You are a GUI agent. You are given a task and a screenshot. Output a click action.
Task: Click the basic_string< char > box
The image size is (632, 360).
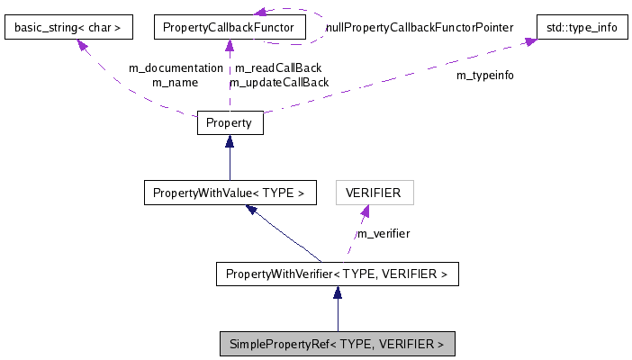point(68,28)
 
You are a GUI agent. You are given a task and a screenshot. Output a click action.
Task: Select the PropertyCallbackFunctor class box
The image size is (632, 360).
point(229,28)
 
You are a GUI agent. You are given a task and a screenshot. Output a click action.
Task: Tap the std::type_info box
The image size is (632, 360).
point(582,28)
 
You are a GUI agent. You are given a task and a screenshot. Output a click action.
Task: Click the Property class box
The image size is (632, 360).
point(230,122)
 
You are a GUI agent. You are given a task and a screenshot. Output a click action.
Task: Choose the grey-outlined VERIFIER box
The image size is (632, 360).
point(374,192)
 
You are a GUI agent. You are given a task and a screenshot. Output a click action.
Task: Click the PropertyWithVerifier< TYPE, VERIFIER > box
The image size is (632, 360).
point(337,274)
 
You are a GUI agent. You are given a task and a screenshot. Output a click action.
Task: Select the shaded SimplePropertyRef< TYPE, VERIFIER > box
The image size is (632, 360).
point(337,344)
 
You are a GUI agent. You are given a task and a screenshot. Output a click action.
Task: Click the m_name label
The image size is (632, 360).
point(175,83)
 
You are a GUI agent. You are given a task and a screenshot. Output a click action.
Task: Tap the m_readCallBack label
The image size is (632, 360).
point(278,68)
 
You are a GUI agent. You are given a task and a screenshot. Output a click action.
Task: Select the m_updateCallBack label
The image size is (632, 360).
point(278,83)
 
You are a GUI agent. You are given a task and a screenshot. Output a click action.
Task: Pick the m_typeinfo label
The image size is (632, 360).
point(485,76)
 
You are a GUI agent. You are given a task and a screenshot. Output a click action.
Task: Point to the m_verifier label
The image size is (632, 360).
point(384,234)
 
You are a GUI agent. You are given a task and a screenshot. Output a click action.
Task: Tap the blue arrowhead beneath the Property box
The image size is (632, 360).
point(230,141)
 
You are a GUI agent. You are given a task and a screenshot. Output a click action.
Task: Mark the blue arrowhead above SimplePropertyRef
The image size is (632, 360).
point(337,292)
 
